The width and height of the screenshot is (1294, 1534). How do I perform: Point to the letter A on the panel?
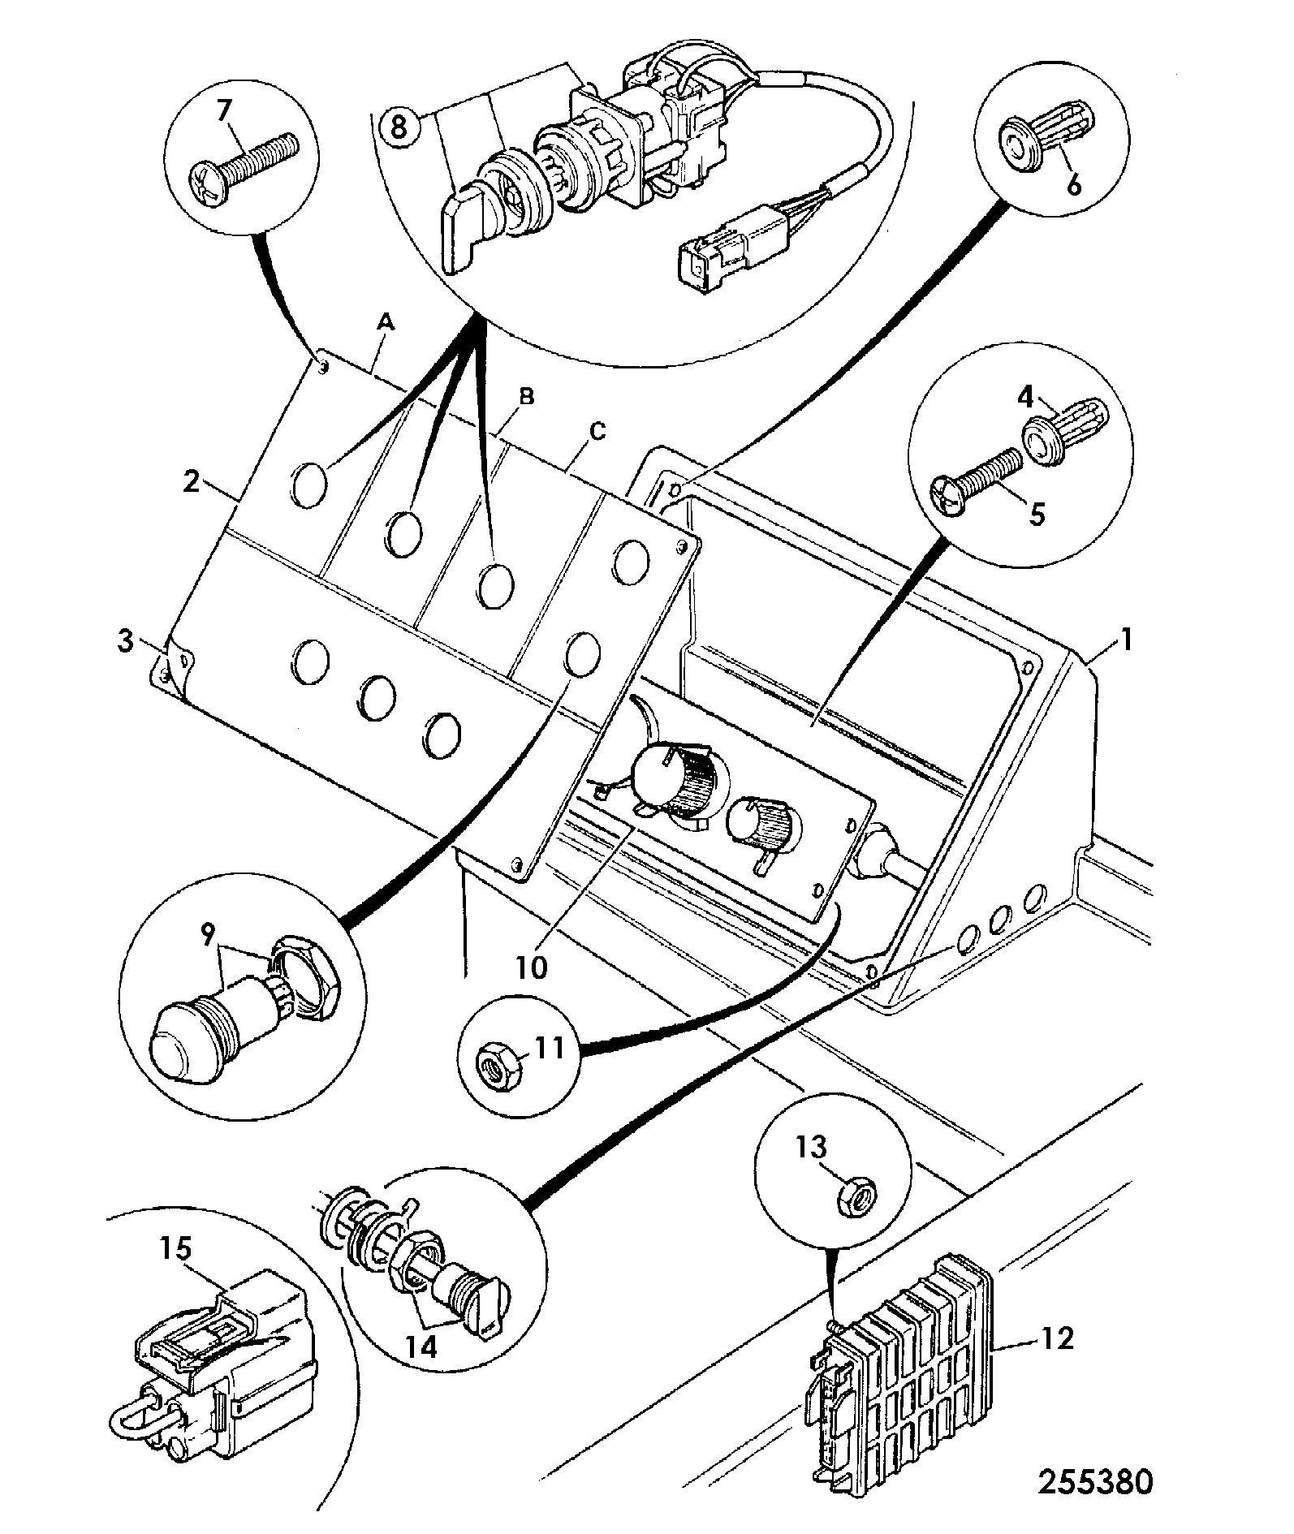(x=386, y=324)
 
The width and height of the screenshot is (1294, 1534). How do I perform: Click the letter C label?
(x=597, y=432)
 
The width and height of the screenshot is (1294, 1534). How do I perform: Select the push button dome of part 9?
(x=186, y=1043)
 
